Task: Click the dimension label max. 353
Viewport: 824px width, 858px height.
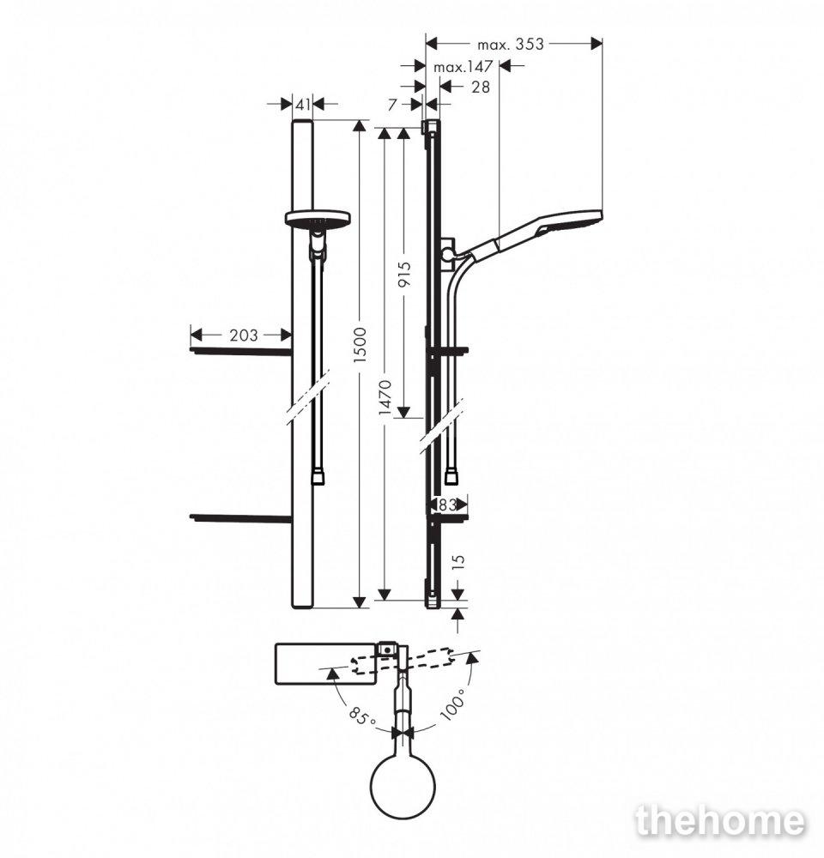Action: [x=510, y=44]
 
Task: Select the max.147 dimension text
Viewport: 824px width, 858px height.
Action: [x=463, y=67]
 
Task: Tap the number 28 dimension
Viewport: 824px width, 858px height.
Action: [x=480, y=87]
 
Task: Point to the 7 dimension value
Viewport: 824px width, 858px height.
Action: [x=392, y=104]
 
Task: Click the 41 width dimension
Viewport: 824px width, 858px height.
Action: [x=303, y=104]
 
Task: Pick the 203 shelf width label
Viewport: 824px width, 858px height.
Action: [x=243, y=335]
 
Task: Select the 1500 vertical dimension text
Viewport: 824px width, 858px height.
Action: [x=360, y=345]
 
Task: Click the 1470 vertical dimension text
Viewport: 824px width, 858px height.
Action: [x=385, y=398]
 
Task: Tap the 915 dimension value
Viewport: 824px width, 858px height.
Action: [x=404, y=275]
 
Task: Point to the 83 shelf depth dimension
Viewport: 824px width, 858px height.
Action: [x=447, y=505]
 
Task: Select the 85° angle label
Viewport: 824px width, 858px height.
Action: [x=362, y=716]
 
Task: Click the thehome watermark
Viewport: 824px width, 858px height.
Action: [x=720, y=821]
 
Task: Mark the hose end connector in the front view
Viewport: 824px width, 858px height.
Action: [x=318, y=476]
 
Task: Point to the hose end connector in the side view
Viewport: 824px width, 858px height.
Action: [x=453, y=476]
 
